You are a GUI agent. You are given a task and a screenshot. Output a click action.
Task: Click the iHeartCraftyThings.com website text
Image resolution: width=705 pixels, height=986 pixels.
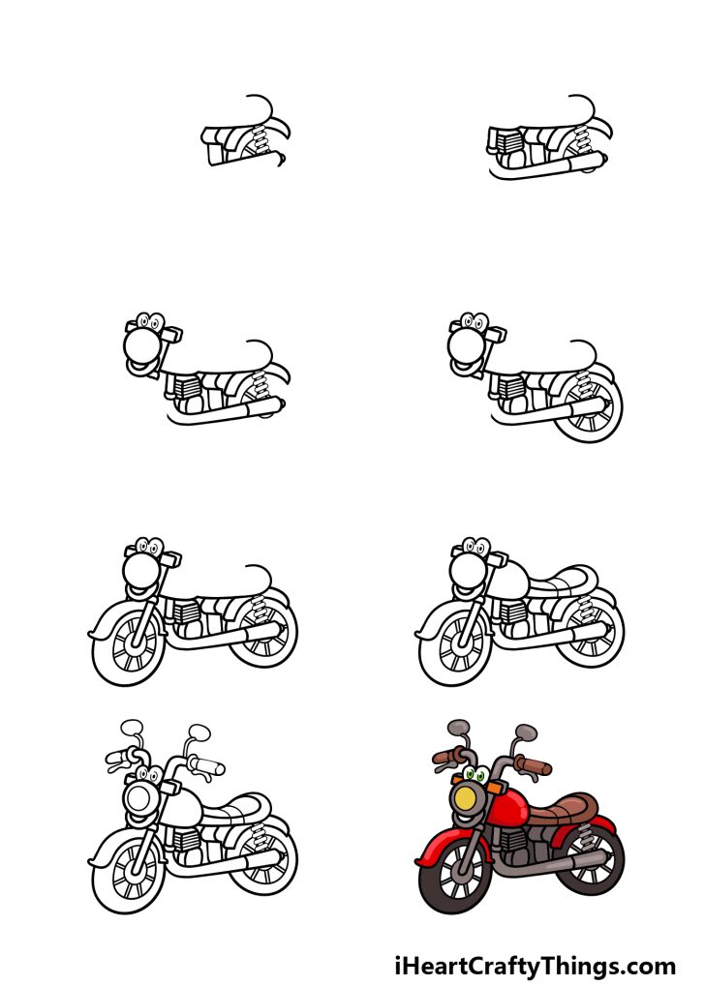pos(535,965)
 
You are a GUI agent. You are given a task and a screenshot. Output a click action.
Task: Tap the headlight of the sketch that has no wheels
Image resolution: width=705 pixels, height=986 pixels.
pos(141,345)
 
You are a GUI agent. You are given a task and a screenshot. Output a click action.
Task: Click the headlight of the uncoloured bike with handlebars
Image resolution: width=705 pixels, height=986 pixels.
pos(140,800)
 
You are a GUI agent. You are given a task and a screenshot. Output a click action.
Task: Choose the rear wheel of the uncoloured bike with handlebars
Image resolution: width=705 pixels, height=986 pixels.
pos(264,859)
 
